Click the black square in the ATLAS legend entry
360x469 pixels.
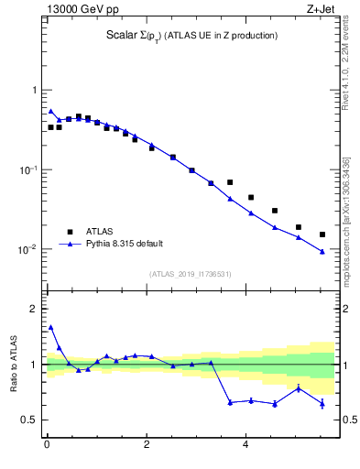click(67, 232)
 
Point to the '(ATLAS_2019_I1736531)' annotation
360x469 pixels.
click(191, 273)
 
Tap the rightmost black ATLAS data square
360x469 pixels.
click(322, 234)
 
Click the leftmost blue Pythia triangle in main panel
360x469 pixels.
click(50, 111)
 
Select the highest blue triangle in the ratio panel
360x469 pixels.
click(50, 327)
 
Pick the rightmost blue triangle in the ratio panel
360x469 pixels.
click(322, 403)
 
